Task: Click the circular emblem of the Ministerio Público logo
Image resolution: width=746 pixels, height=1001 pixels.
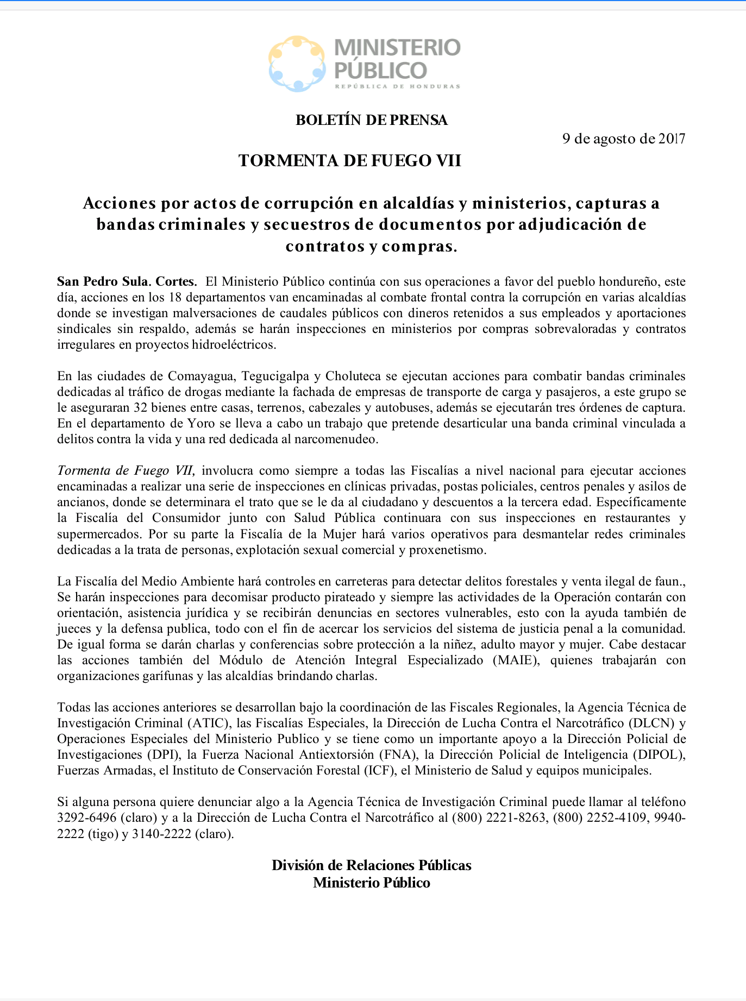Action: [x=297, y=64]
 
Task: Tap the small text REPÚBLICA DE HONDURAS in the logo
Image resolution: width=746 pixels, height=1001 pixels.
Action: [x=397, y=86]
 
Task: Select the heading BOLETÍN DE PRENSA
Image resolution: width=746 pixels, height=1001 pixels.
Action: [x=372, y=120]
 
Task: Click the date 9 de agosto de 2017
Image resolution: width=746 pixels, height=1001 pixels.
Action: [x=624, y=139]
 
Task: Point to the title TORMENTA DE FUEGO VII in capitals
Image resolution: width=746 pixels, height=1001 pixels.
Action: [x=350, y=161]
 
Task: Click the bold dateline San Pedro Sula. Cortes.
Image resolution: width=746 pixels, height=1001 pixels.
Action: [x=127, y=281]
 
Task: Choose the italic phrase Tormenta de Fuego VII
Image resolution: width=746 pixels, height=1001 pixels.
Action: [x=126, y=470]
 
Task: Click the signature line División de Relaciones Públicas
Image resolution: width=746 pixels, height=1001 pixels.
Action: [x=372, y=865]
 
